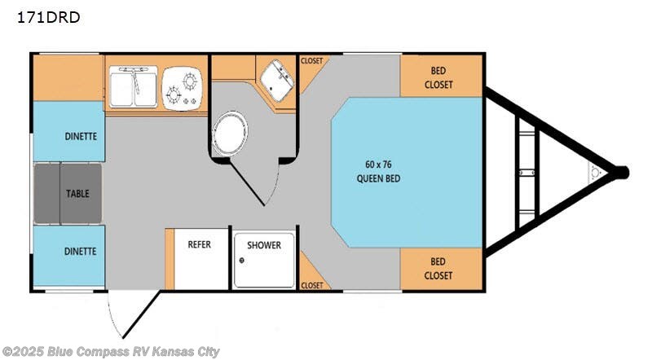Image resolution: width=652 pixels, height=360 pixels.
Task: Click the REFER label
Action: [200, 244]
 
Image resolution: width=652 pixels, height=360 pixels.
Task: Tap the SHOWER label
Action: [263, 244]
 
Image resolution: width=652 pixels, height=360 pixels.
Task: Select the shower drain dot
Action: [242, 261]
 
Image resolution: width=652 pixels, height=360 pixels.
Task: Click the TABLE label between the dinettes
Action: [77, 194]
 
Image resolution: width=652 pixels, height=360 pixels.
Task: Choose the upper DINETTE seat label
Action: [81, 136]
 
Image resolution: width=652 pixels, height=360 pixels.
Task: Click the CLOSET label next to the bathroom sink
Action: [311, 61]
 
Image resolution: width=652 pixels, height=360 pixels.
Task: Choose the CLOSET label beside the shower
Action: [311, 285]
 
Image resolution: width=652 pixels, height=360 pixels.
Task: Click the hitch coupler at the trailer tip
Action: [621, 172]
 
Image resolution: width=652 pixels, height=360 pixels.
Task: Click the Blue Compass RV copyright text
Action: [111, 351]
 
